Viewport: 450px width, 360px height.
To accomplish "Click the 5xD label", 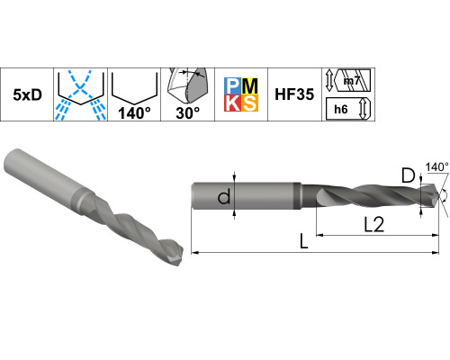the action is [27, 94].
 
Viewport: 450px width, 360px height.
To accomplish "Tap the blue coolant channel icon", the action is [80, 94].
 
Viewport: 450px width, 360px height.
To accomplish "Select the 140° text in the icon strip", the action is [134, 113].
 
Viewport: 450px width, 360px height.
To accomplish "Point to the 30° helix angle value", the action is [187, 113].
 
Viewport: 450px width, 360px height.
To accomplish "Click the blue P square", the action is [232, 86].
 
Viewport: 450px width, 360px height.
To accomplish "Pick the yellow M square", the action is [249, 86].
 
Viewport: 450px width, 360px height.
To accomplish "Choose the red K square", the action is [232, 103].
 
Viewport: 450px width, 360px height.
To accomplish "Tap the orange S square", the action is [249, 103].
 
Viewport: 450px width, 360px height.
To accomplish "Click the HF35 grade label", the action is [294, 94].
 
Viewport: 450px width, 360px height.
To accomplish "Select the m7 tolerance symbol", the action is [351, 81].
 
